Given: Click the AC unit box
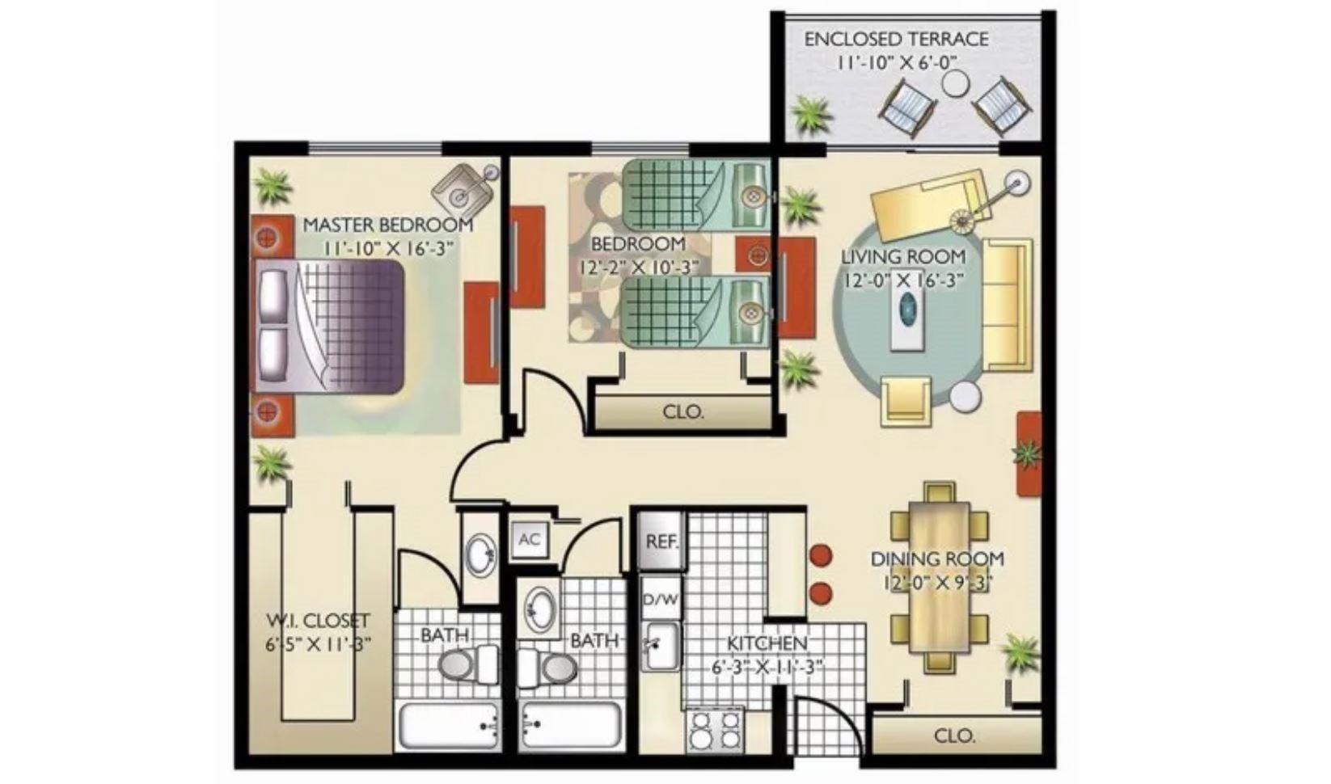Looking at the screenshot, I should point(530,539).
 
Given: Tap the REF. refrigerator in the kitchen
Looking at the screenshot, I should point(661,542).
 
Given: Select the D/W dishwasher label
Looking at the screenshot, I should point(661,601).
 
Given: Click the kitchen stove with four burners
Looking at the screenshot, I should point(715,729).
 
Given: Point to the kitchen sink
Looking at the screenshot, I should point(662,646).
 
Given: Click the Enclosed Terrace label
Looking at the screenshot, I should point(896,39).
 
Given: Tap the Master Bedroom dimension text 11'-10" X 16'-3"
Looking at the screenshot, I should point(387,248).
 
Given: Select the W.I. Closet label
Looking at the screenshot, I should point(318,621).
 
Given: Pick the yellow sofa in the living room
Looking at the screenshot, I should point(1007,304).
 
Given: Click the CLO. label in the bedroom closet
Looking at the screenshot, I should point(683,411).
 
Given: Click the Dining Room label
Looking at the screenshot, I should point(937,558).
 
